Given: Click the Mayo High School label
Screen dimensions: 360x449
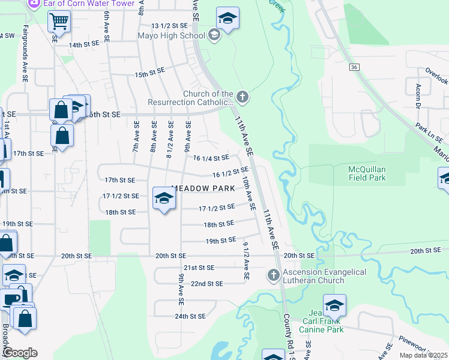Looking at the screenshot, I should (171, 35).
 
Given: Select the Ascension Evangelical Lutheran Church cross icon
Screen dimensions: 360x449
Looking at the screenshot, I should (273, 275).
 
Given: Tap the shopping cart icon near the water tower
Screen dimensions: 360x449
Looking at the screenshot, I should (59, 22).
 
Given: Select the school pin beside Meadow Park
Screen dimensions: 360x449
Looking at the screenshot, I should (164, 198).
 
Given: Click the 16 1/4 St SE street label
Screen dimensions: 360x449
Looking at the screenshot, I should (211, 158).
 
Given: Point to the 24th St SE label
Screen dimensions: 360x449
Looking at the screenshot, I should (190, 316).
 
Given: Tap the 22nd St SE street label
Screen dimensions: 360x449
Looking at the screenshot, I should (207, 283).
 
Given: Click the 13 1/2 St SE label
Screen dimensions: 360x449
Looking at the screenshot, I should (175, 26).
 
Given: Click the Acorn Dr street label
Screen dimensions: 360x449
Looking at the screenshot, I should (418, 94).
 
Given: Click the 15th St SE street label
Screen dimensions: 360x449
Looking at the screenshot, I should (149, 73).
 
